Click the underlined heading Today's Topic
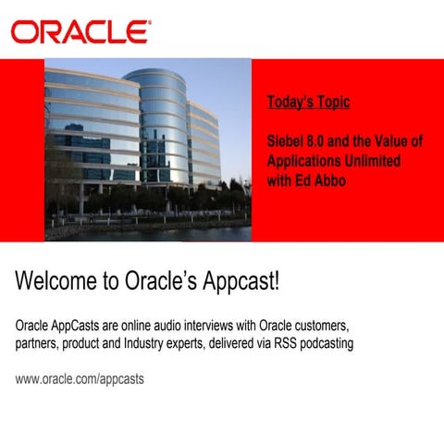point(308,102)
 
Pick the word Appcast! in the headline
point(236,281)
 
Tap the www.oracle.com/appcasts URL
point(80,379)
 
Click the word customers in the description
point(319,327)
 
